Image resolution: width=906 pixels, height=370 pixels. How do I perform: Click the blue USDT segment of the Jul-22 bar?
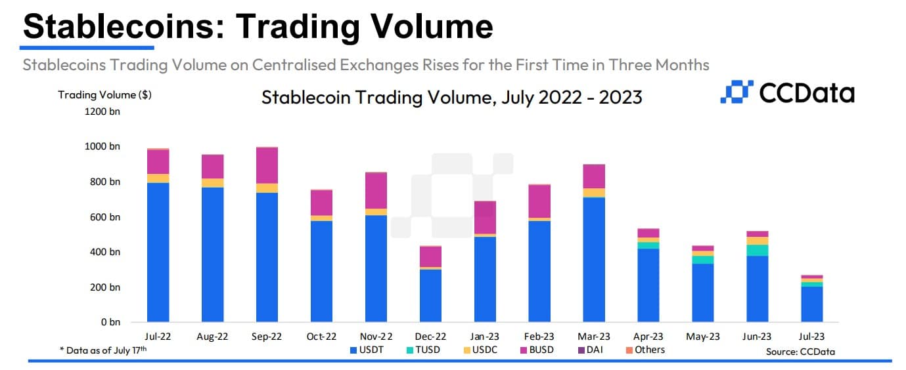tap(158, 253)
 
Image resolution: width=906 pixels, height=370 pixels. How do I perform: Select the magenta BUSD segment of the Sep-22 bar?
tap(267, 165)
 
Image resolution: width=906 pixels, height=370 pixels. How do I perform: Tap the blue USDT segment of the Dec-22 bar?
tap(430, 296)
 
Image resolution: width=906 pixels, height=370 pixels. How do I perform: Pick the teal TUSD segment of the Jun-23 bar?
tap(757, 250)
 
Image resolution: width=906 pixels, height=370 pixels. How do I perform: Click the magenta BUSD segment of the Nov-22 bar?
tap(376, 190)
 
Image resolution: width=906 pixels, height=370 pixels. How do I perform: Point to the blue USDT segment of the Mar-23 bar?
tap(594, 260)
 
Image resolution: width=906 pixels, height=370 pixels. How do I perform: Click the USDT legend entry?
tap(367, 350)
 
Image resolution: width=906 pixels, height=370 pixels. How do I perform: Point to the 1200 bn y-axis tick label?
tap(102, 112)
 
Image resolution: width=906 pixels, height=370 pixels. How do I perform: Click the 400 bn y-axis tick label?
tap(104, 253)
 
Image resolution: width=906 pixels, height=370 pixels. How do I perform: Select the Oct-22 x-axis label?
tap(322, 337)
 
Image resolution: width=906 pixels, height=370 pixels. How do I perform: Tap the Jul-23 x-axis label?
tap(811, 337)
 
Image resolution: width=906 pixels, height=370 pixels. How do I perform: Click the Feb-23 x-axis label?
tap(539, 337)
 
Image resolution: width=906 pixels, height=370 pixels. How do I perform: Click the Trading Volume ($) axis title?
tap(104, 94)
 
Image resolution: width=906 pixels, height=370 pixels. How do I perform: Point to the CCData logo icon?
tap(735, 92)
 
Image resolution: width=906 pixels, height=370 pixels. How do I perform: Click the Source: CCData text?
tap(800, 352)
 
